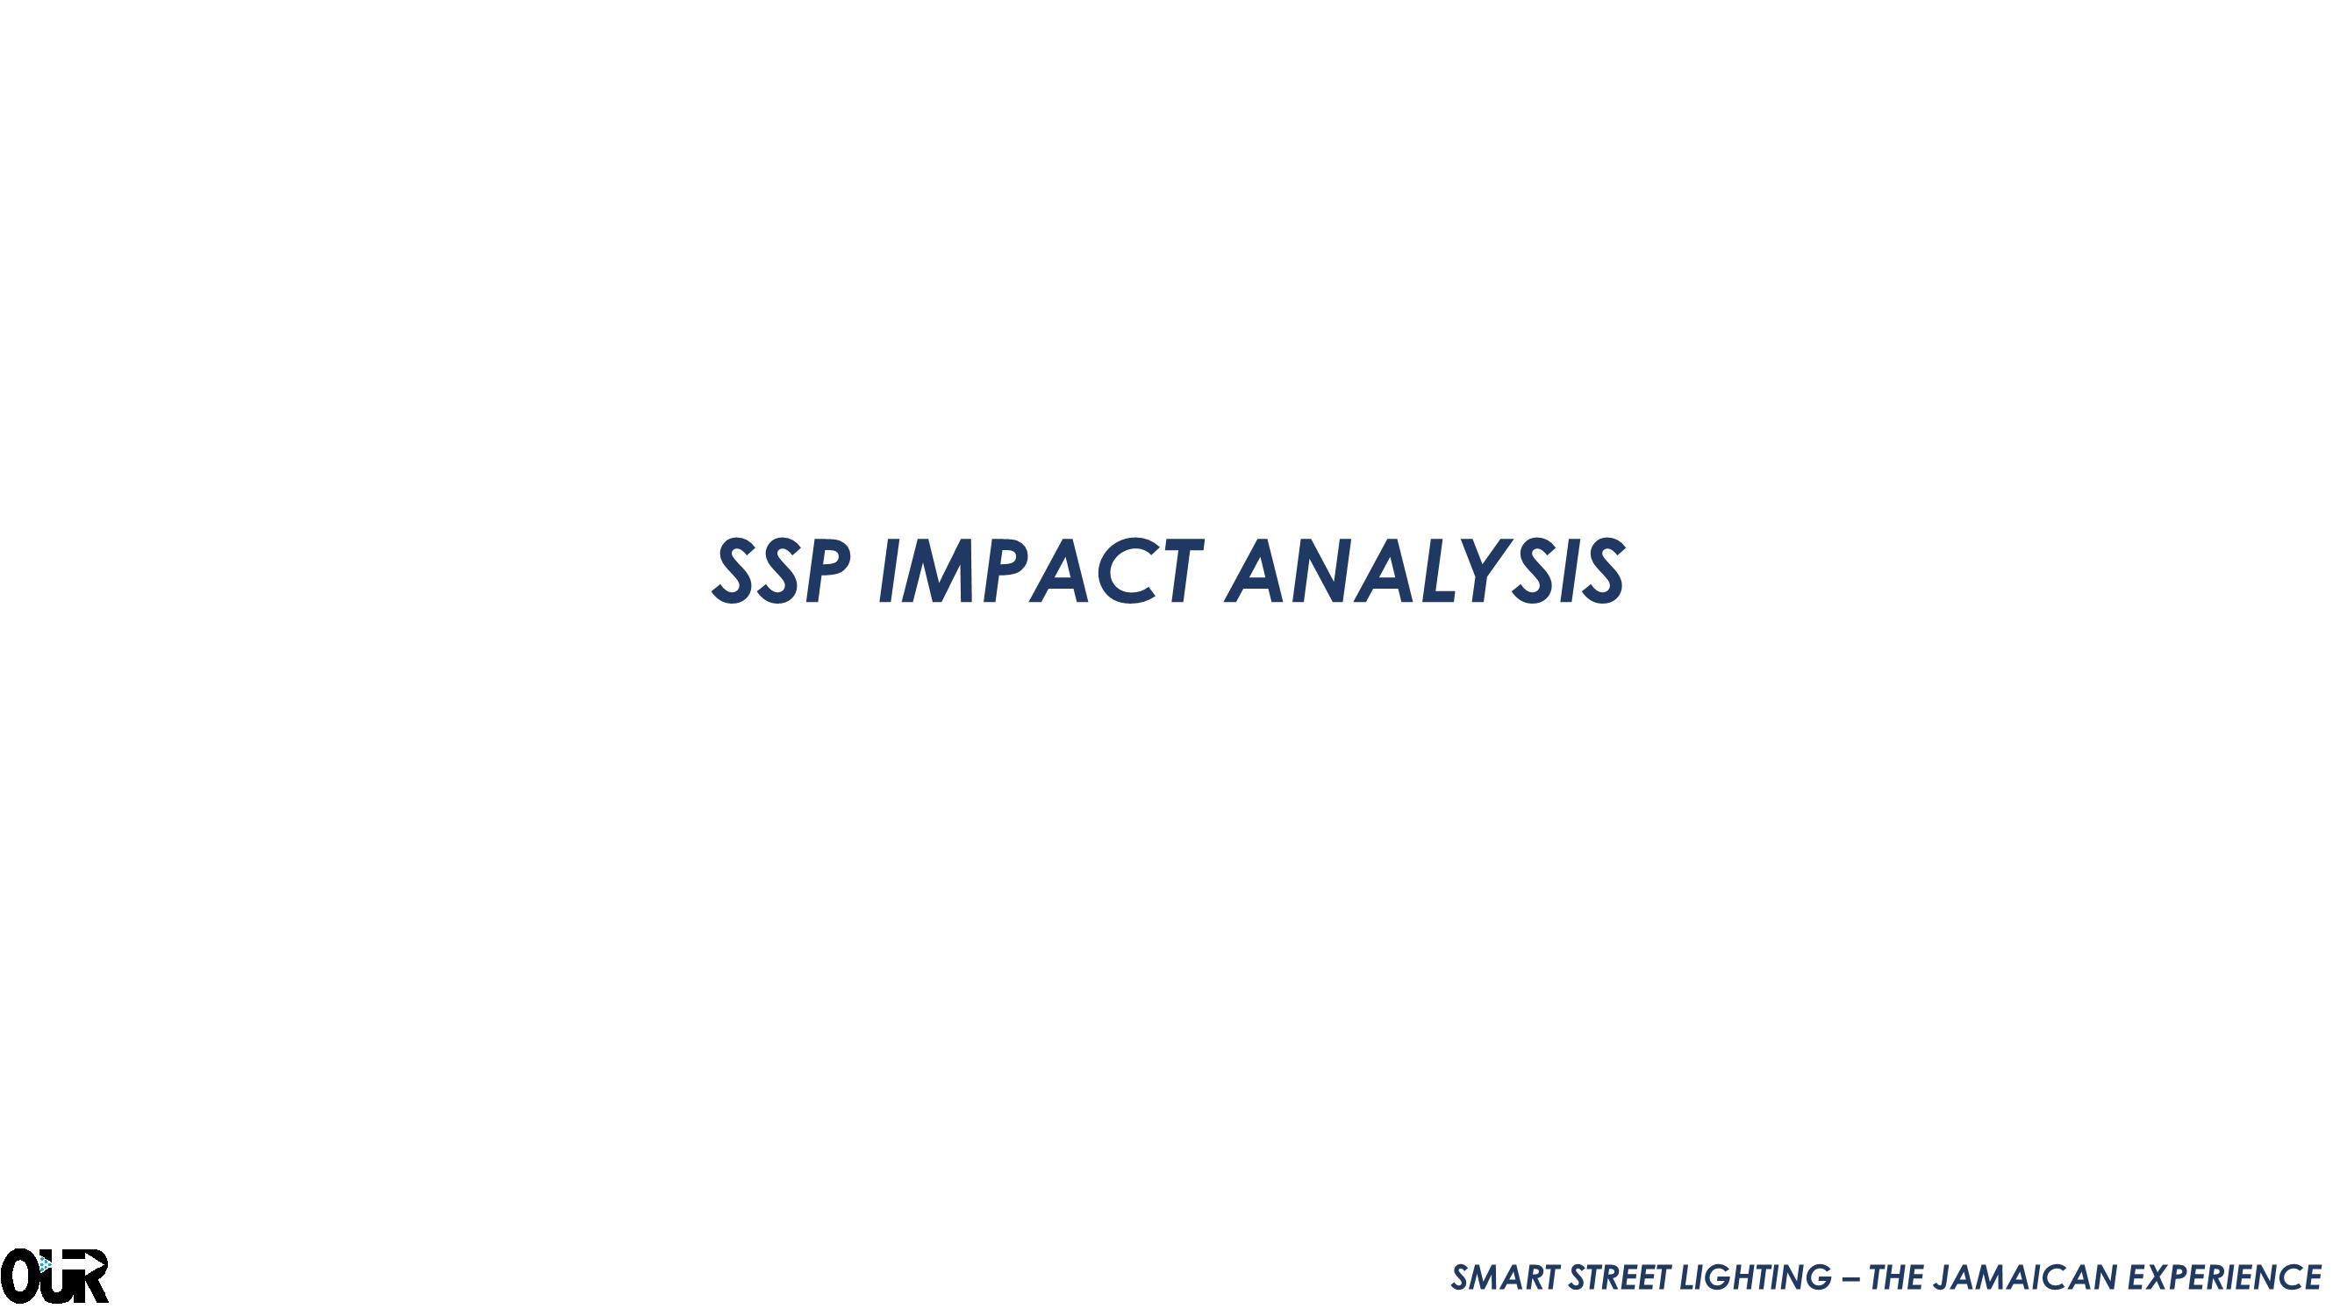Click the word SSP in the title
[x=782, y=571]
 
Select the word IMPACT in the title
[x=1041, y=571]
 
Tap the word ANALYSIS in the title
[x=1425, y=571]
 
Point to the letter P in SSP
[x=826, y=571]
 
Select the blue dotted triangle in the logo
[x=44, y=1264]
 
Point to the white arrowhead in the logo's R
[x=97, y=1263]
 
